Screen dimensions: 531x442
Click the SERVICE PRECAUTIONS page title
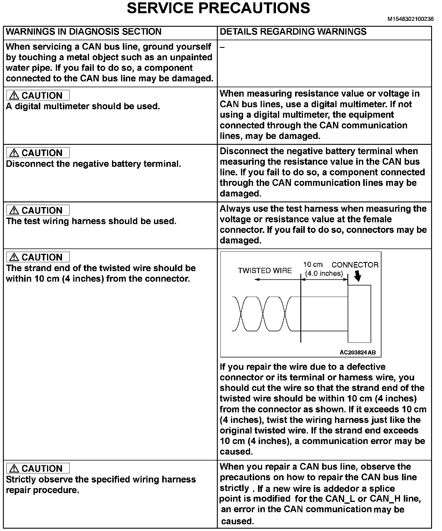[218, 8]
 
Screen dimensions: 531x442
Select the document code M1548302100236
[411, 19]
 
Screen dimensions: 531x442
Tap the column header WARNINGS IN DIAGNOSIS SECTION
[83, 32]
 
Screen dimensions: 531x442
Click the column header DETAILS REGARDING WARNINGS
[293, 32]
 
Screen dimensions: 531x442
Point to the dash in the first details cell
[222, 48]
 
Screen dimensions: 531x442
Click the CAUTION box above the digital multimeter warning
[38, 95]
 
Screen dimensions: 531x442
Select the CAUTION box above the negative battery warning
[38, 153]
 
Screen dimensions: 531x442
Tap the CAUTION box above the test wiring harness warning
[38, 210]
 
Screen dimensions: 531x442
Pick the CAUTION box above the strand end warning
[38, 257]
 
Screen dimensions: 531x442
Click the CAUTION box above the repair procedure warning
[38, 468]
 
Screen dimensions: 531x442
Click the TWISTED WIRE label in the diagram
[265, 271]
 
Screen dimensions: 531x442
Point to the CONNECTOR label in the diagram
[355, 265]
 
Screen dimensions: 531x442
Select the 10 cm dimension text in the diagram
[313, 265]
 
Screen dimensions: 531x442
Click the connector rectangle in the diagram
[359, 314]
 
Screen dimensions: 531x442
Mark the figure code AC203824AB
[357, 352]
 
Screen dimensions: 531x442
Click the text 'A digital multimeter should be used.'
[83, 106]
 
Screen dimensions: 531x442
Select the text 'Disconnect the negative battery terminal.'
[93, 164]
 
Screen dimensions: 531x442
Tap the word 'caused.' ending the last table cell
[237, 521]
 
